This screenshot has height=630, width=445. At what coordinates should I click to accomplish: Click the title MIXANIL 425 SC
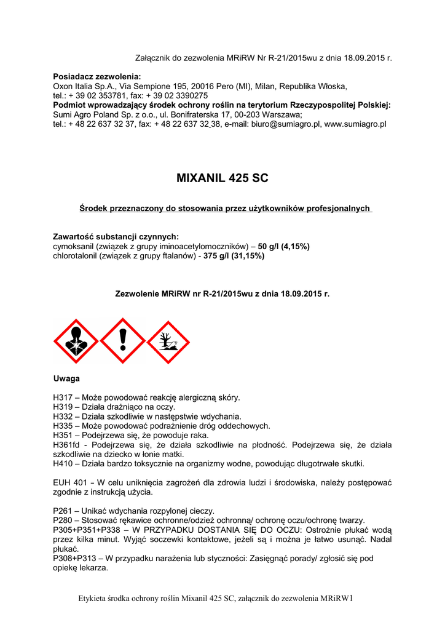tap(222, 179)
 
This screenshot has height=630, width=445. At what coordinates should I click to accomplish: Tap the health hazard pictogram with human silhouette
tap(76, 341)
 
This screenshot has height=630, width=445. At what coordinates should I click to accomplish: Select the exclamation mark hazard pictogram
tap(122, 341)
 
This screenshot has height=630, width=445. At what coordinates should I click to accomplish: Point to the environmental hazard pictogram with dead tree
tap(168, 341)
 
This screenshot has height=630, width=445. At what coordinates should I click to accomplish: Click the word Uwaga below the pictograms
tap(66, 378)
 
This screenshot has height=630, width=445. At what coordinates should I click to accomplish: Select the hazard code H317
tap(64, 398)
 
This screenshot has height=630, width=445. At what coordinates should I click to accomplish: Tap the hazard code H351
tap(64, 435)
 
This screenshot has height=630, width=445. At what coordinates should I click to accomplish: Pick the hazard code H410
tap(64, 463)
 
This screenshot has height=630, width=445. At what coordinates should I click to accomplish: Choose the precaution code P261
tap(64, 511)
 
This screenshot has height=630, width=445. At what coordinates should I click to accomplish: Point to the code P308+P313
tap(77, 559)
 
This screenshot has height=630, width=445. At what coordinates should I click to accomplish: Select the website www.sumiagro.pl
tap(355, 124)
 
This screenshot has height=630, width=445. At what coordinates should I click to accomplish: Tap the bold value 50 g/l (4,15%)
tap(284, 246)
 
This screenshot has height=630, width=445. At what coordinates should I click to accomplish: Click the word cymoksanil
tap(76, 246)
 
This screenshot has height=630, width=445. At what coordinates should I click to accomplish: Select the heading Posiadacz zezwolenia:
tap(97, 76)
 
